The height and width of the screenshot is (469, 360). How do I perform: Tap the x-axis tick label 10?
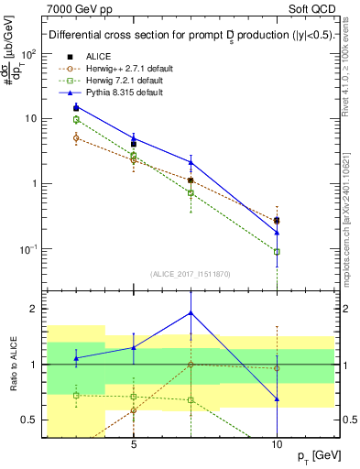pos(277,440)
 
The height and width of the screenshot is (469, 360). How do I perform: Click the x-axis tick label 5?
pos(134,440)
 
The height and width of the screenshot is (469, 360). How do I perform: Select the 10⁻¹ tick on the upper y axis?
pos(30,248)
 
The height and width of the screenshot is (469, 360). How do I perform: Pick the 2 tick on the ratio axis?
pos(36,309)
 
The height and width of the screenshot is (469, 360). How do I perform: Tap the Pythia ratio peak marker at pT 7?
pos(191,312)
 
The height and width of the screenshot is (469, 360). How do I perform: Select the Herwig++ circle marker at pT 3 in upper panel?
pos(77,137)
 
